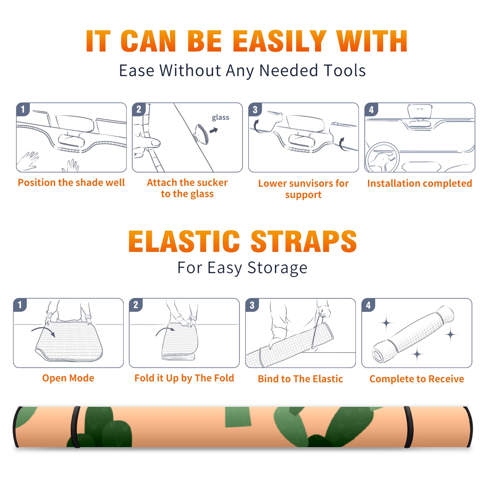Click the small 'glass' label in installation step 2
pyautogui.click(x=220, y=118)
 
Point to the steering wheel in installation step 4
pyautogui.click(x=382, y=157)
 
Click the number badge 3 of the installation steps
pyautogui.click(x=255, y=109)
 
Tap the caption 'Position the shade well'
pyautogui.click(x=71, y=182)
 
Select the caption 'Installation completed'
pyautogui.click(x=420, y=183)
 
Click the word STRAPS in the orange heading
pyautogui.click(x=304, y=241)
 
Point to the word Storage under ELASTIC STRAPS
pyautogui.click(x=277, y=268)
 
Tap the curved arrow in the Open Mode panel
pyautogui.click(x=43, y=330)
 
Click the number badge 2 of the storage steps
pyautogui.click(x=135, y=305)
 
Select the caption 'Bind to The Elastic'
pyautogui.click(x=300, y=379)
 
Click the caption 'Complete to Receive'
pyautogui.click(x=416, y=379)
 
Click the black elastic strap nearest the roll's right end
pyautogui.click(x=409, y=427)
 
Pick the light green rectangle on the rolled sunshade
pyautogui.click(x=238, y=417)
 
